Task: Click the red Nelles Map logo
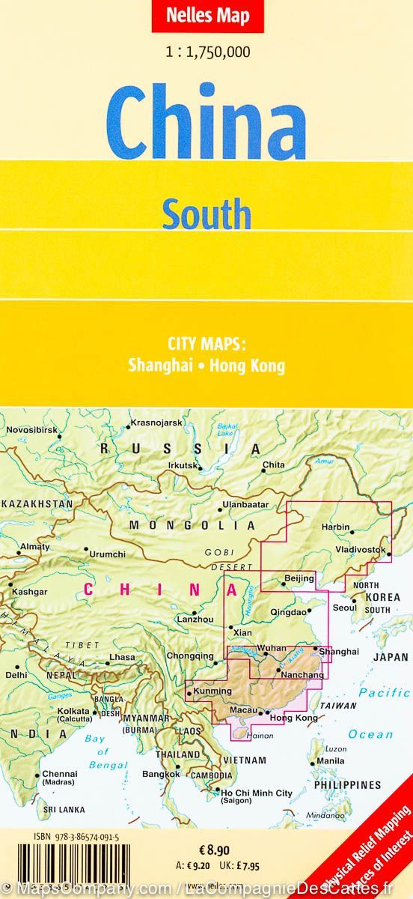tap(207, 16)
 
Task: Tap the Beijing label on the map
tap(299, 578)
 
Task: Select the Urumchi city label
tap(108, 554)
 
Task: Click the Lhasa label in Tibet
tap(122, 657)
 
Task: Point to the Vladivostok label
tap(361, 550)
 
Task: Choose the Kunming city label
tap(207, 690)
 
